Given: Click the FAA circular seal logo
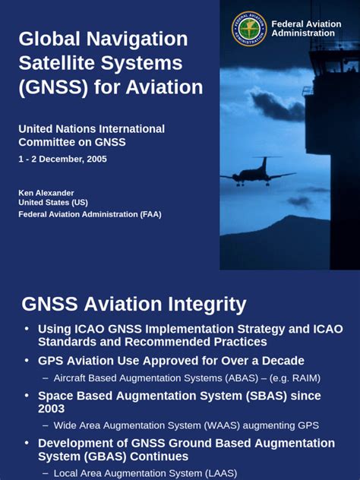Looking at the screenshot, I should tap(249, 29).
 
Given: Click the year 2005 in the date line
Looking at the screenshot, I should tap(96, 159).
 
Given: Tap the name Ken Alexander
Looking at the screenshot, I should tap(46, 193).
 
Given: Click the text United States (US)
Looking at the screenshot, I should tap(52, 204).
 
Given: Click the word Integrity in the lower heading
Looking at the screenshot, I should tap(202, 305).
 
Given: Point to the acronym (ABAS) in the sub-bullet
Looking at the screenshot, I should tap(229, 377).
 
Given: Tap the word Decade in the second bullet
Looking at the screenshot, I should tap(277, 360).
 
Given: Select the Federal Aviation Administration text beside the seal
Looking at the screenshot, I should tap(306, 29).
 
